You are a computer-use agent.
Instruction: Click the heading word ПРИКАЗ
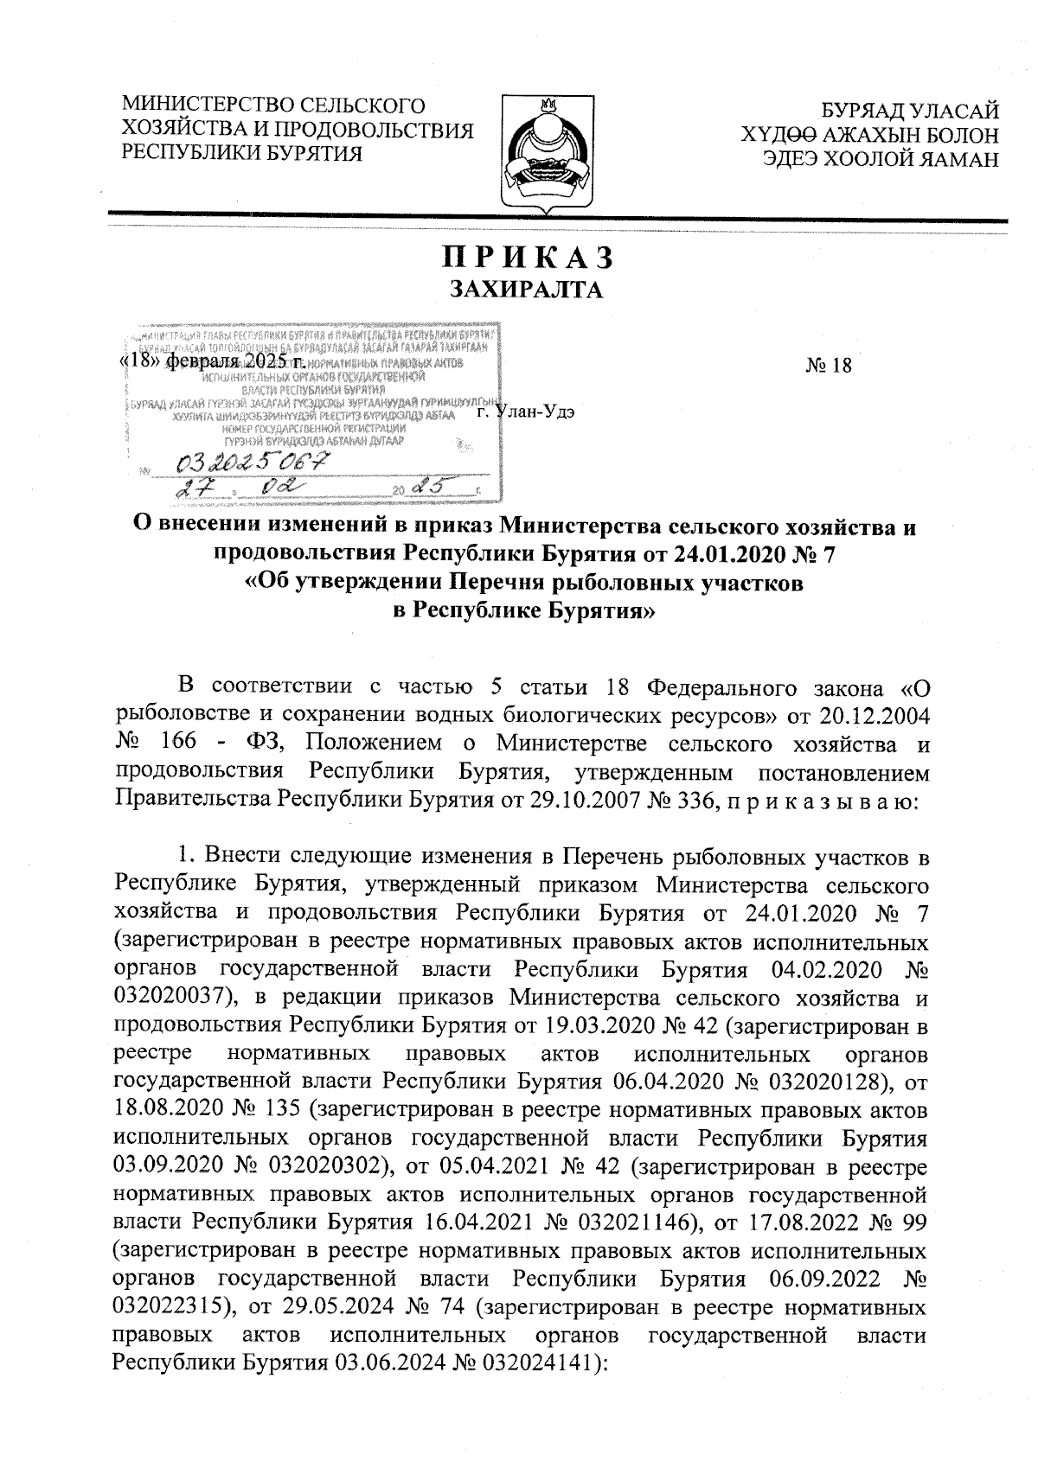click(x=528, y=258)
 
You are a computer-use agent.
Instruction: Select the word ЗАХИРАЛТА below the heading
click(x=527, y=290)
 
